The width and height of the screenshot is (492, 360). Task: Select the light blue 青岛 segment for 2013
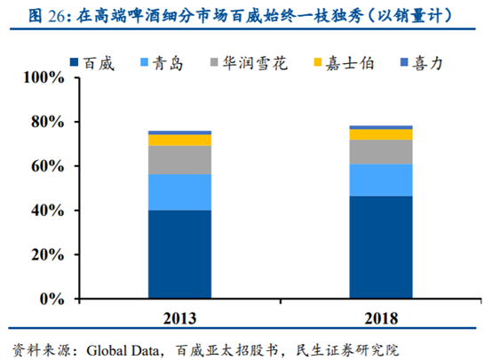pyautogui.click(x=179, y=192)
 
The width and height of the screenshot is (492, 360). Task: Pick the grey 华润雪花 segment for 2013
pyautogui.click(x=179, y=159)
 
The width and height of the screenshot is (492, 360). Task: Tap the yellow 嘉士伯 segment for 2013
pyautogui.click(x=179, y=140)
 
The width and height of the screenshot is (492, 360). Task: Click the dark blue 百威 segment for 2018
pyautogui.click(x=381, y=247)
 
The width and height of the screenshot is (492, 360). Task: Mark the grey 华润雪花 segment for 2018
pyautogui.click(x=381, y=152)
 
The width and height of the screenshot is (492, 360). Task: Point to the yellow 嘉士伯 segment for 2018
pyautogui.click(x=381, y=134)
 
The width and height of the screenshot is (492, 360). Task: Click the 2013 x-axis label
pyautogui.click(x=179, y=317)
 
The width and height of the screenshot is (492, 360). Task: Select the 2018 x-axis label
pyautogui.click(x=381, y=317)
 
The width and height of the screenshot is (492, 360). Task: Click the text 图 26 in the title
pyautogui.click(x=28, y=15)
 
